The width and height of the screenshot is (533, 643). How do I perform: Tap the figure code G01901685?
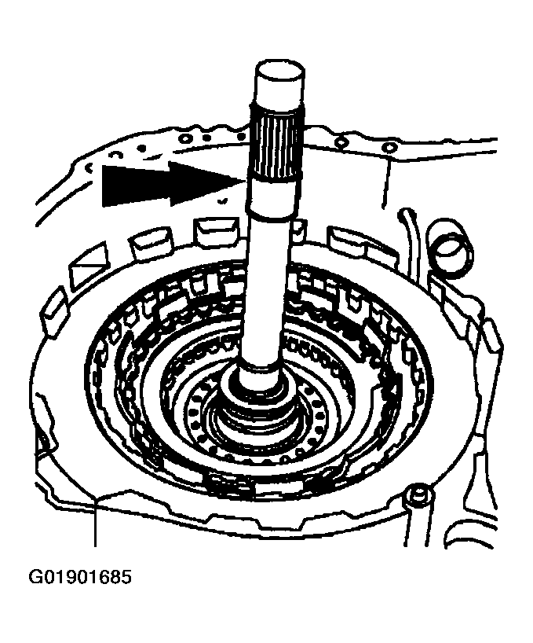80,576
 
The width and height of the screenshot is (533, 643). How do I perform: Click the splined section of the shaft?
276,145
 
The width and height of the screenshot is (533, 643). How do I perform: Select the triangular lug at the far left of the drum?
88,266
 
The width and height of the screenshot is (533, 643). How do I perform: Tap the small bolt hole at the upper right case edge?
388,146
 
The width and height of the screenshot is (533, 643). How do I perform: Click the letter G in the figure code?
35,577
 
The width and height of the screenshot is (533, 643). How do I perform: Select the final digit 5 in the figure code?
126,577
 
